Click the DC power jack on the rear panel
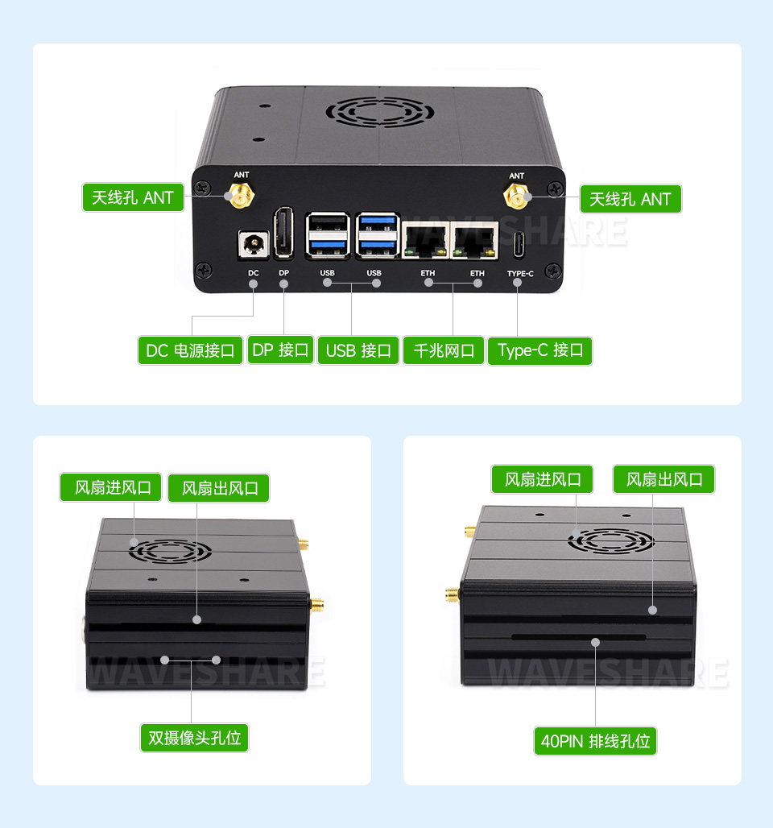[254, 245]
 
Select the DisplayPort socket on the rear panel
[283, 233]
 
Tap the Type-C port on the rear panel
[519, 245]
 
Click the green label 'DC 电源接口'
[190, 350]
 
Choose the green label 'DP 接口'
[280, 350]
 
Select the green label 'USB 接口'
[358, 350]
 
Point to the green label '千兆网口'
[444, 350]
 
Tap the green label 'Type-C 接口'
[540, 350]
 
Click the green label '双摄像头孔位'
[194, 738]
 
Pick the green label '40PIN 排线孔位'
[595, 741]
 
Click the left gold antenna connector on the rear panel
[242, 195]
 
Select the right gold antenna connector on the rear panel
[516, 196]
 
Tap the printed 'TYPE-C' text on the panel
[520, 274]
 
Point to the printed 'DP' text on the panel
[284, 273]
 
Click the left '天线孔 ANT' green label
[133, 197]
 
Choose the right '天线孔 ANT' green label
[630, 199]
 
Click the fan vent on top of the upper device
[379, 112]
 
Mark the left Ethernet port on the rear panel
[426, 240]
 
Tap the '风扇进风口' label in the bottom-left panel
[110, 486]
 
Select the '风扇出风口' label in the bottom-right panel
[663, 479]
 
